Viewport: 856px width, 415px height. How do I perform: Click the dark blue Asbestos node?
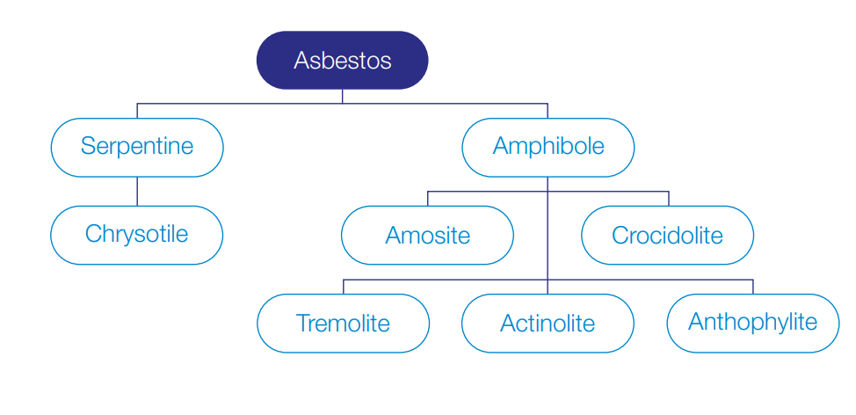pyautogui.click(x=342, y=60)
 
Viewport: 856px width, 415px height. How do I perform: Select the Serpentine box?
pyautogui.click(x=137, y=148)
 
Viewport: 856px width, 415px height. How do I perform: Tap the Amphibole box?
pyautogui.click(x=548, y=148)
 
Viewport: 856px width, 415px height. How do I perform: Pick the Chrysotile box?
pyautogui.click(x=137, y=236)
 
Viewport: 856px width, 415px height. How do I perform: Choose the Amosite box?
pyautogui.click(x=427, y=236)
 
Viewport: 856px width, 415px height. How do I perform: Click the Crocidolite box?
pyautogui.click(x=668, y=236)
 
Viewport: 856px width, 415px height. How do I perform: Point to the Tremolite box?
pyautogui.click(x=344, y=324)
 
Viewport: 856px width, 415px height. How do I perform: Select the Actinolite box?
pyautogui.click(x=548, y=324)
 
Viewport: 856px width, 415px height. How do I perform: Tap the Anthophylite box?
pyautogui.click(x=753, y=324)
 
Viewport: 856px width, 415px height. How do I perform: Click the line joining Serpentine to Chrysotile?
pyautogui.click(x=137, y=192)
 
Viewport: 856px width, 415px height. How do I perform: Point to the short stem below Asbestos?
pyautogui.click(x=342, y=96)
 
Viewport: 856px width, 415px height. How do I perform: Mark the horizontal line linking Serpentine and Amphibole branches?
pyautogui.click(x=342, y=103)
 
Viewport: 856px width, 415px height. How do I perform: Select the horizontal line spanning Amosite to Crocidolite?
pyautogui.click(x=548, y=192)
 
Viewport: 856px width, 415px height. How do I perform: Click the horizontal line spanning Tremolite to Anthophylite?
pyautogui.click(x=548, y=280)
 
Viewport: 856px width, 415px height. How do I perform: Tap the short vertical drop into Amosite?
pyautogui.click(x=427, y=199)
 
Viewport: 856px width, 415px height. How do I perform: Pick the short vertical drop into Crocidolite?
pyautogui.click(x=669, y=199)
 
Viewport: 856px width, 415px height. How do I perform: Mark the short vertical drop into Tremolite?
pyautogui.click(x=344, y=287)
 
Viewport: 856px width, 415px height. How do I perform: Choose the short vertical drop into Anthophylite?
pyautogui.click(x=753, y=287)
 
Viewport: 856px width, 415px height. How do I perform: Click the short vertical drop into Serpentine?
pyautogui.click(x=137, y=111)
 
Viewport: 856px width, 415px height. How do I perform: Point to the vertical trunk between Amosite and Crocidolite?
pyautogui.click(x=548, y=236)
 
